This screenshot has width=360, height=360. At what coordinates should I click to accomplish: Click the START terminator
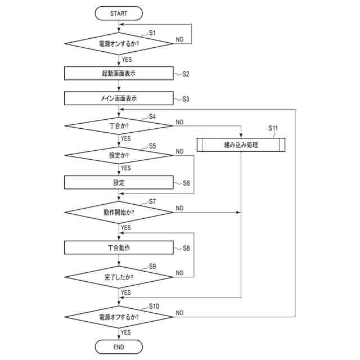[119, 13]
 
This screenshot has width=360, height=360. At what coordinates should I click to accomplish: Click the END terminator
[119, 347]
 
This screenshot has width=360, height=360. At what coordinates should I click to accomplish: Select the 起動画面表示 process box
[119, 73]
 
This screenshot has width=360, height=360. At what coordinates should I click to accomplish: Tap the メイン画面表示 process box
[119, 98]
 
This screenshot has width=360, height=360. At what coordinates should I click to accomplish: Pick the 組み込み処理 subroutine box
[241, 145]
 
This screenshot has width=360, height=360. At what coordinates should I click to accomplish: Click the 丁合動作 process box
[119, 247]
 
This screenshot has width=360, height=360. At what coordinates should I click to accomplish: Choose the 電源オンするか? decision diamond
[119, 44]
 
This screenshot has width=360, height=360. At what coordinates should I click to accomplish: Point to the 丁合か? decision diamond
[119, 126]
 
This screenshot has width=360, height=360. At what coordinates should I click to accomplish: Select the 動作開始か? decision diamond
[119, 213]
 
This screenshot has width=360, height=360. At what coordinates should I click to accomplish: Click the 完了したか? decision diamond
[119, 277]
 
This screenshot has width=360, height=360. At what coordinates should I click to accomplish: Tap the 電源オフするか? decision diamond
[119, 317]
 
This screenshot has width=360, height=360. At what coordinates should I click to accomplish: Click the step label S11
[273, 128]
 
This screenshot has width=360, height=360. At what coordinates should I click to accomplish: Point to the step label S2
[186, 74]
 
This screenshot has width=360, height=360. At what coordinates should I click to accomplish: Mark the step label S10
[154, 306]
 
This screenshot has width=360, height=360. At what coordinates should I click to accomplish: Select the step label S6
[186, 183]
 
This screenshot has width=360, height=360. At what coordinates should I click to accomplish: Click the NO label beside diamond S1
[179, 39]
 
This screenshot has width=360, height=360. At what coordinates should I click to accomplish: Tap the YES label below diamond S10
[126, 332]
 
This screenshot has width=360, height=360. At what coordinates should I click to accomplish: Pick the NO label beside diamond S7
[179, 208]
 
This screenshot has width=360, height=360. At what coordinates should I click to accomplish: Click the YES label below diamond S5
[126, 168]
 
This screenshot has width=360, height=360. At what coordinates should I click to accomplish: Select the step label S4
[152, 116]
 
